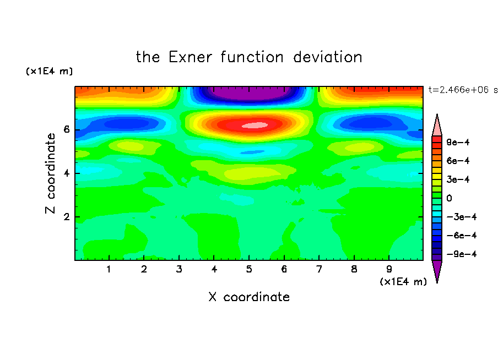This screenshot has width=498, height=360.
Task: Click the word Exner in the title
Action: tap(190, 57)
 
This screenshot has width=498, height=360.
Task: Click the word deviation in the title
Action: tap(327, 57)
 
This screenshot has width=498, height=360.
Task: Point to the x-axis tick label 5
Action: tap(249, 269)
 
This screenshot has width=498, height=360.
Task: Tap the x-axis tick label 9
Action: tap(389, 269)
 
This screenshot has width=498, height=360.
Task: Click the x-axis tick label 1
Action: tap(109, 269)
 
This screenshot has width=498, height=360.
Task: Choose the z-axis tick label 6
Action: tap(66, 129)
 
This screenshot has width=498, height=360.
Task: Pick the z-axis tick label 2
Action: tap(66, 217)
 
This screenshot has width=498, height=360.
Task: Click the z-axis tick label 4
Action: tap(66, 173)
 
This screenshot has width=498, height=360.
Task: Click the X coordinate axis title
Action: tap(249, 297)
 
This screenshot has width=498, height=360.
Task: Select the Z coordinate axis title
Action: tap(50, 173)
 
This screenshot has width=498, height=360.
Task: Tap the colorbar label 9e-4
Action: tap(458, 142)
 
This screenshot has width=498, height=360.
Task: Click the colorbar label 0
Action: tap(449, 198)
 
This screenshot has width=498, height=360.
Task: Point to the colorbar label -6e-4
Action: tap(462, 236)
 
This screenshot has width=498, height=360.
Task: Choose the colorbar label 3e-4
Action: tap(458, 179)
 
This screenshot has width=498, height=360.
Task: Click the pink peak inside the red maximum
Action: tap(255, 126)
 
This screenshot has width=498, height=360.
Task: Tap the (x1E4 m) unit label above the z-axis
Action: tap(49, 71)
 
